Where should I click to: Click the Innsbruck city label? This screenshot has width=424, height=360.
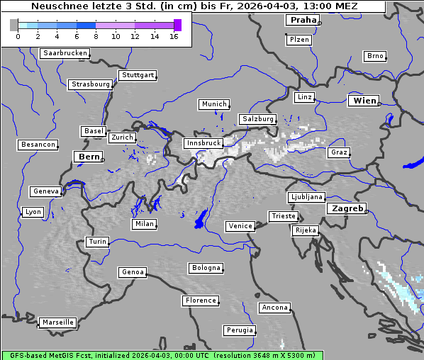coord(203,143)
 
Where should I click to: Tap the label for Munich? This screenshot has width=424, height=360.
coord(214,104)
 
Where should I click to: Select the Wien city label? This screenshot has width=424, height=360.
coord(365,101)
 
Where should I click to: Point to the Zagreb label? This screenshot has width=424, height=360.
coord(347,208)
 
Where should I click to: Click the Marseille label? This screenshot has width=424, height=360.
coord(57,322)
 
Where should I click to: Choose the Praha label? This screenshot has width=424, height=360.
coord(303,20)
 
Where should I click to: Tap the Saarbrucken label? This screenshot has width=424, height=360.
coord(65,53)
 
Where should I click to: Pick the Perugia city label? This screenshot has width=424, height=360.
coord(240,330)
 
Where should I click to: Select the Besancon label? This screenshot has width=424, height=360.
coord(38,145)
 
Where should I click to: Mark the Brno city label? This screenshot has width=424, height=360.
coord(375,56)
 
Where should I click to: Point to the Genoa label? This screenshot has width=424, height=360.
coord(133,272)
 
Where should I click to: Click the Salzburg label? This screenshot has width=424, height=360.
coord(257,119)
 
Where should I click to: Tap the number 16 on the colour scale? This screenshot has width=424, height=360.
coord(174,35)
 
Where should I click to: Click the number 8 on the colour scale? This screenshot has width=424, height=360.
coord(96,35)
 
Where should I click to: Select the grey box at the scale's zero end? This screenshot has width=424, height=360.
coord(14,25)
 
